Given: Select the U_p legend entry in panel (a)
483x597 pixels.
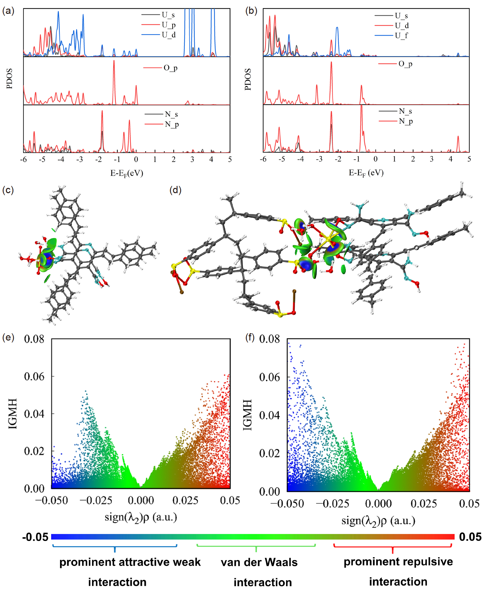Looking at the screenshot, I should [x=168, y=25].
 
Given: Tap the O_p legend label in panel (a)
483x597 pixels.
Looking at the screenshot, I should [x=170, y=68].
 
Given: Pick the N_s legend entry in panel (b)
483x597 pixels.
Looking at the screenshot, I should [x=405, y=111].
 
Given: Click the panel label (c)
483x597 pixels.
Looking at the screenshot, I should [x=8, y=190].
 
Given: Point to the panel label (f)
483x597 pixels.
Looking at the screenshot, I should [x=250, y=337].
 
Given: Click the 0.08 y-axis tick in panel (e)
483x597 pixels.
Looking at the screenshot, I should [x=34, y=339].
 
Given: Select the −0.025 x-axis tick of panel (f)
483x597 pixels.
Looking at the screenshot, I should [x=333, y=503].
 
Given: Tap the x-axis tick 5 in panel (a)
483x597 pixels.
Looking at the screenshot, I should [x=230, y=160].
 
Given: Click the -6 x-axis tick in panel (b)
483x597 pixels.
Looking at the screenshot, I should [x=263, y=159].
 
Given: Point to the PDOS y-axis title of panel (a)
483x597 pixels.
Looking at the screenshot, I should [x=9, y=78].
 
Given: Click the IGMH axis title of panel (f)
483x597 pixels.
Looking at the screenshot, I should [x=247, y=415].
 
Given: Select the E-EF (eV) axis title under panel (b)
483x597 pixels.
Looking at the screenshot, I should [x=366, y=173].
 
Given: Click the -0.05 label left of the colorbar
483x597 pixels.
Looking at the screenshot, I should [x=35, y=537].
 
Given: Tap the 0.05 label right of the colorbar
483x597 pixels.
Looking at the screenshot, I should [x=470, y=537].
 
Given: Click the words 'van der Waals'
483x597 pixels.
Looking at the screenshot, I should [x=259, y=562].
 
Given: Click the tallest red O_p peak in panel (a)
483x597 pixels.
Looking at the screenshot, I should [x=114, y=61].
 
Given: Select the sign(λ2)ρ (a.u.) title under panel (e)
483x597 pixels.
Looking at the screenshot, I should [x=141, y=517].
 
